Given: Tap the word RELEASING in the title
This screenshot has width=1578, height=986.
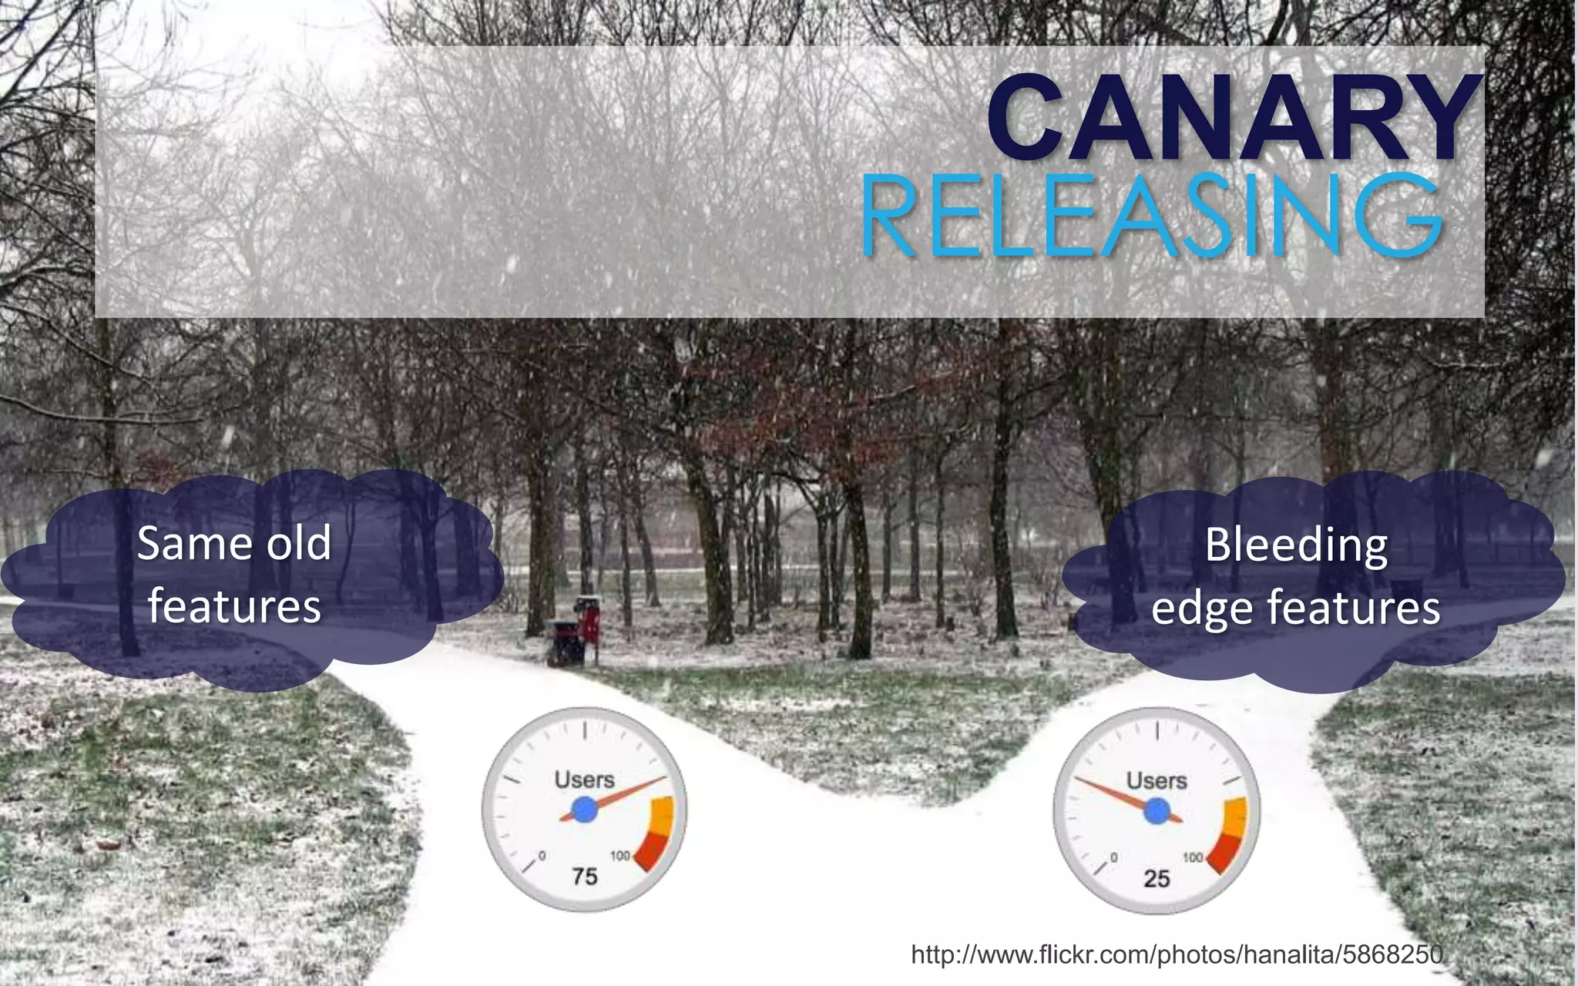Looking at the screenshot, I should pyautogui.click(x=1151, y=216).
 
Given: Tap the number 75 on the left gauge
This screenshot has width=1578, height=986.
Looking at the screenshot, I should pyautogui.click(x=585, y=877).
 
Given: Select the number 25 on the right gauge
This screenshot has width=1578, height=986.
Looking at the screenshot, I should pyautogui.click(x=1157, y=878).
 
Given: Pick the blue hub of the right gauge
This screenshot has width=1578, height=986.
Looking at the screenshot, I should pyautogui.click(x=1157, y=811).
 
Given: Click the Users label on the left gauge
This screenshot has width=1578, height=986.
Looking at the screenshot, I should pyautogui.click(x=584, y=780).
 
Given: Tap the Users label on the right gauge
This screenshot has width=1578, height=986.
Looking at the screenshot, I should pyautogui.click(x=1157, y=780).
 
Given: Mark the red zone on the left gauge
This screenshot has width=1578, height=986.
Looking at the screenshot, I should pyautogui.click(x=652, y=851).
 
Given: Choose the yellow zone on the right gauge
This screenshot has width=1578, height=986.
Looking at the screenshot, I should pyautogui.click(x=1234, y=818).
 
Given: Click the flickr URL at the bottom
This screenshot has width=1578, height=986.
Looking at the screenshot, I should pyautogui.click(x=1177, y=955).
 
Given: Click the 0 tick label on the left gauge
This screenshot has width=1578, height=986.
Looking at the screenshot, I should pyautogui.click(x=542, y=856).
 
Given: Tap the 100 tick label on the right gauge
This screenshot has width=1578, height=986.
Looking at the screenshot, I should pyautogui.click(x=1193, y=857).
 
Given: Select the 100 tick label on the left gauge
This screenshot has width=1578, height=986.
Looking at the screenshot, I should pyautogui.click(x=620, y=855).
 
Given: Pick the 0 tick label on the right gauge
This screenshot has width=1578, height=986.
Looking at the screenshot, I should pyautogui.click(x=1114, y=857).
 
